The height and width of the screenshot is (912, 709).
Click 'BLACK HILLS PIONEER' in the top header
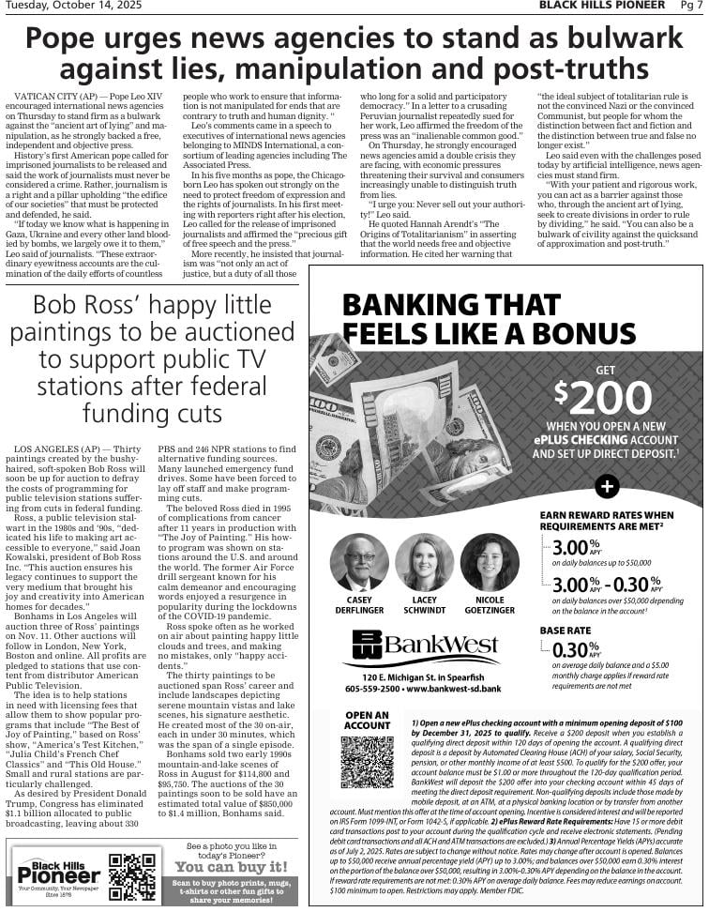coord(602,7)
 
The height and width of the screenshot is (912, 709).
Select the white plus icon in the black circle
coord(607,486)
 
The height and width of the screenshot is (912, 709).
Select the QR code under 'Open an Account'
coord(367,761)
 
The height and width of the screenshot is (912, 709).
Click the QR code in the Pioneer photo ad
coord(131,876)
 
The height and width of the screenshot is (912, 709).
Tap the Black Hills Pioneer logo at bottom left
coord(57,873)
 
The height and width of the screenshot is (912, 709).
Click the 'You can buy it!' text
coord(231,867)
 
